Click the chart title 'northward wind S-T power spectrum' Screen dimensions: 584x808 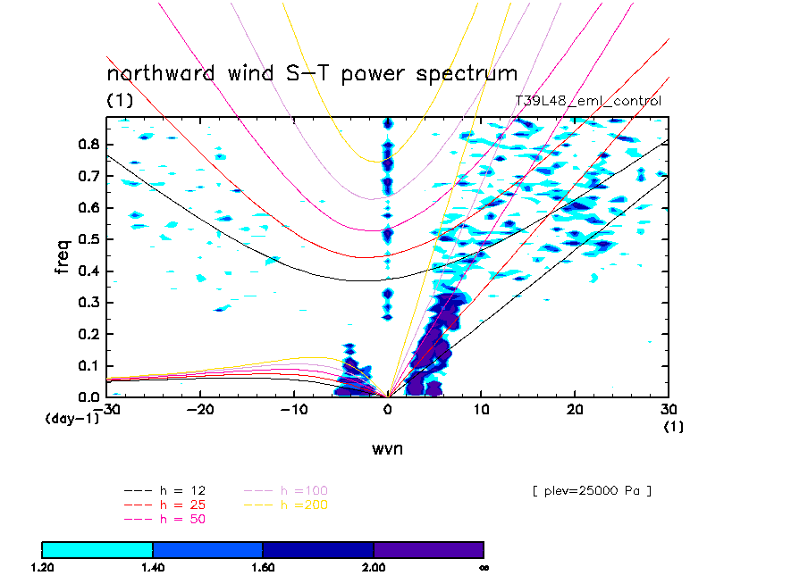(x=312, y=74)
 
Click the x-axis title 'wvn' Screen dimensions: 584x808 (x=387, y=448)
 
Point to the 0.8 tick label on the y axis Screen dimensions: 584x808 (x=88, y=145)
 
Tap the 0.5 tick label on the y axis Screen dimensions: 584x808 (x=88, y=239)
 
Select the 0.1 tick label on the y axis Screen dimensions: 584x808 (x=88, y=365)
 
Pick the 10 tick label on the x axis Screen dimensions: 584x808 (x=481, y=409)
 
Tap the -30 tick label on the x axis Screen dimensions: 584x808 (x=110, y=409)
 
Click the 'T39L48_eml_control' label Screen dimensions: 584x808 (x=587, y=101)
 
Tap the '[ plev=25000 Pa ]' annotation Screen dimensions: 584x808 (x=590, y=490)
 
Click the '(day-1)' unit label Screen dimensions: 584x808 (x=72, y=418)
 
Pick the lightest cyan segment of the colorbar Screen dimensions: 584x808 (x=97, y=549)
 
